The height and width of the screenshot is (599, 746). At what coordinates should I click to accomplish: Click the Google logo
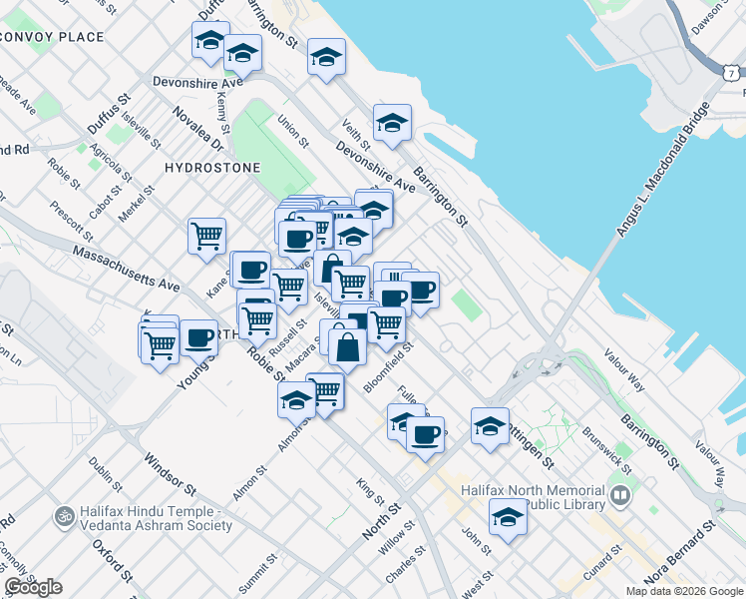33,587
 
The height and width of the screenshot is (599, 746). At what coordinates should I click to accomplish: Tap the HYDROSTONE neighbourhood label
212,168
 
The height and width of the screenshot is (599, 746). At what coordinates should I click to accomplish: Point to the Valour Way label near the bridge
625,370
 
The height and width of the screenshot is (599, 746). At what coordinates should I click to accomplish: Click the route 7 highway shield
732,73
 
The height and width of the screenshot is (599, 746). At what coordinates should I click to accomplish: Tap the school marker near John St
508,517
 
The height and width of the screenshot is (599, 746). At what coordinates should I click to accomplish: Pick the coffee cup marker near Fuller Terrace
426,434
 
